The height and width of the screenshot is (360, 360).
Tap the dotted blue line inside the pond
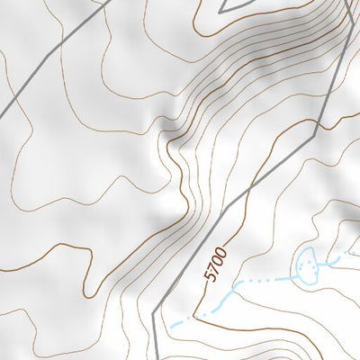[309, 264]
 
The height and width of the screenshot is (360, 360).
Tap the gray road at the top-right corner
[347, 9]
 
